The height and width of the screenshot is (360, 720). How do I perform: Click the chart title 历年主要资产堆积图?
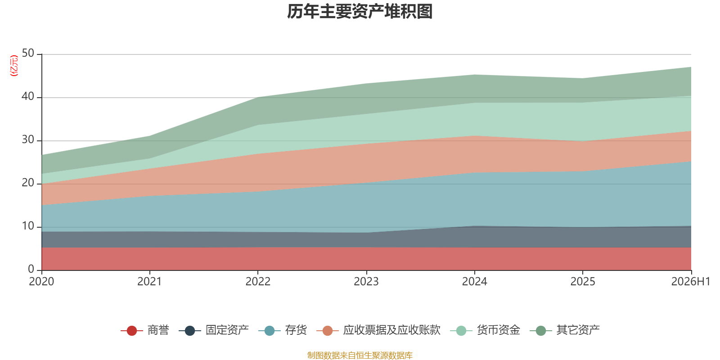360,12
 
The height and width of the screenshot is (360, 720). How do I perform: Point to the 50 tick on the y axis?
28,54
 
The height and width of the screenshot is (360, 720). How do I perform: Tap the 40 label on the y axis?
28,96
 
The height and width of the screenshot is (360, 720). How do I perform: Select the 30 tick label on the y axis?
28,140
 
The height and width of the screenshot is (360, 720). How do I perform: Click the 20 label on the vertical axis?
28,183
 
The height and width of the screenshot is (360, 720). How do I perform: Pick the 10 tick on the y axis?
28,226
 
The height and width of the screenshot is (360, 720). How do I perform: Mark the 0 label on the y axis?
31,269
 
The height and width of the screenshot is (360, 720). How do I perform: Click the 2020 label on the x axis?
41,282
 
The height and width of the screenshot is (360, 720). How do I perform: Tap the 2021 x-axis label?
149,282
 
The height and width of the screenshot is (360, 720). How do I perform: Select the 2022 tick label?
258,282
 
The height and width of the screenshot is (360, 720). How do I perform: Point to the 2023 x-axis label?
366,282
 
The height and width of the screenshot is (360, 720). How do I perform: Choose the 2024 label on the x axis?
474,282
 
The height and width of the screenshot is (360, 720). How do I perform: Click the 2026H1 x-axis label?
690,282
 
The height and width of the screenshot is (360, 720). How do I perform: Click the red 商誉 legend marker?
132,330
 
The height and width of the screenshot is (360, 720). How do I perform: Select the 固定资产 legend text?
227,330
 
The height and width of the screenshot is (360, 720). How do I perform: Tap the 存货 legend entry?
283,330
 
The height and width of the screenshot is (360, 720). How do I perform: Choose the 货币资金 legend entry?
485,330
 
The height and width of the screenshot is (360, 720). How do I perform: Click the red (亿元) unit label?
14,66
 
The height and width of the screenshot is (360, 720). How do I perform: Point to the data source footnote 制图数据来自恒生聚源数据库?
360,355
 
